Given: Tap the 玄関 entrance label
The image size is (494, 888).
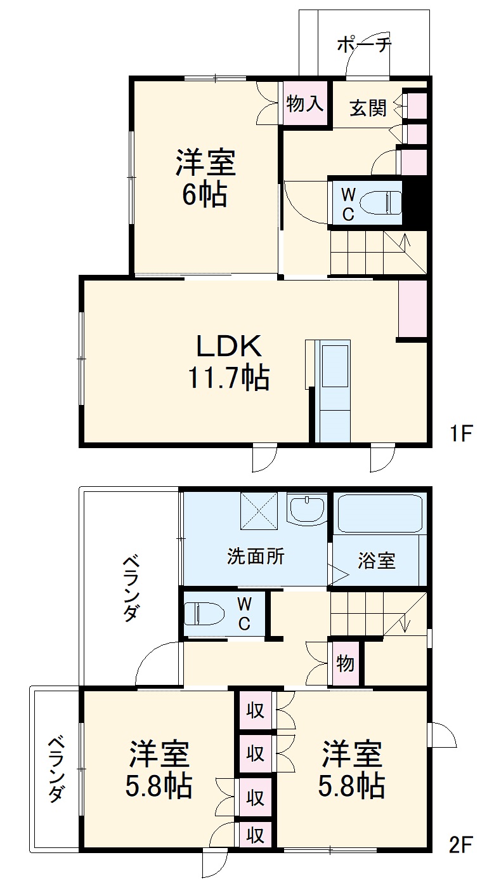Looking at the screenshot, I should click(x=368, y=109).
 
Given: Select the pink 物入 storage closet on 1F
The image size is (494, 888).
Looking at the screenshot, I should click(x=305, y=104).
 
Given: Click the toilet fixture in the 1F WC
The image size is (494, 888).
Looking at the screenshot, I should click(x=378, y=204).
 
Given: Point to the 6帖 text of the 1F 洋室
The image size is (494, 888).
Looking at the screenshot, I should click(x=205, y=195).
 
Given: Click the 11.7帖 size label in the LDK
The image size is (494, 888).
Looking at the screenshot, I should click(x=228, y=378).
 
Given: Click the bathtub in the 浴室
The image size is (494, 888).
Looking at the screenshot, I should click(x=379, y=514).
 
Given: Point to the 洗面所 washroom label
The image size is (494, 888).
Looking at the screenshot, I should click(x=256, y=557).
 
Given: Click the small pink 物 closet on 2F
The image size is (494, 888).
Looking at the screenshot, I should click(x=345, y=664).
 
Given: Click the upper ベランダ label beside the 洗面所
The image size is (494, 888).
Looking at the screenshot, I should click(x=131, y=588).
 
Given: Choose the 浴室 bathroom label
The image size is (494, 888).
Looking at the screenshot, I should click(x=377, y=560).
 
